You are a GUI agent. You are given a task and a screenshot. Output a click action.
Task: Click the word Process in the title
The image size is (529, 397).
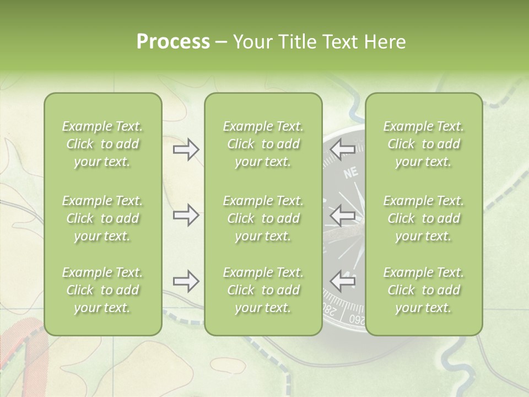(173, 42)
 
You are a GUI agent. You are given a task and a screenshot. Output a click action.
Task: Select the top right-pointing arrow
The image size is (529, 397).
(186, 149)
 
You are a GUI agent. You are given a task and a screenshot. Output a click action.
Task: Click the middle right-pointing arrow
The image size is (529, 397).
(186, 215)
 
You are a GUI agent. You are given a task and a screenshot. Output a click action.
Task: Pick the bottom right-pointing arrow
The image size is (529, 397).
(186, 282)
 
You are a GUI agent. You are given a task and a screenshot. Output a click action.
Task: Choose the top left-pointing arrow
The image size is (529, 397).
(343, 149)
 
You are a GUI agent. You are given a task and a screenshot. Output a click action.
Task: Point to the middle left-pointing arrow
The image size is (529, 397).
(343, 215)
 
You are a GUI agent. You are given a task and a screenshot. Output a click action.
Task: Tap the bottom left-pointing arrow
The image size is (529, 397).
(343, 282)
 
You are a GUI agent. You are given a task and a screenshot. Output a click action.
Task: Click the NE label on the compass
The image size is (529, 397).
(351, 173)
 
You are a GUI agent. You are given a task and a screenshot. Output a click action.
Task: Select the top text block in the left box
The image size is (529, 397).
(102, 144)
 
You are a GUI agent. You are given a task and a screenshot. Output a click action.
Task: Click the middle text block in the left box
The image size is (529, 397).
(102, 218)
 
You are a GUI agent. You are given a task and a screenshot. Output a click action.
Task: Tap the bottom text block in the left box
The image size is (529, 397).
(102, 290)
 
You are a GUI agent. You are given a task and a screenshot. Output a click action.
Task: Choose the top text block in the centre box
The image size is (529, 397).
(263, 144)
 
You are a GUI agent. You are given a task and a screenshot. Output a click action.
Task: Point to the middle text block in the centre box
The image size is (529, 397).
(263, 218)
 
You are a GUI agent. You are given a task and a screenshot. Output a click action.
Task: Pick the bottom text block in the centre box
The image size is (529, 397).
(263, 290)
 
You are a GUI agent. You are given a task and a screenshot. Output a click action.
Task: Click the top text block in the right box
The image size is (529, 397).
(424, 144)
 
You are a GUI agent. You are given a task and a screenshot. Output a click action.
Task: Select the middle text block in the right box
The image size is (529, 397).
(424, 218)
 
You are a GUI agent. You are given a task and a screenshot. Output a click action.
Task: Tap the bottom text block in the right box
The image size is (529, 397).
(424, 290)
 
